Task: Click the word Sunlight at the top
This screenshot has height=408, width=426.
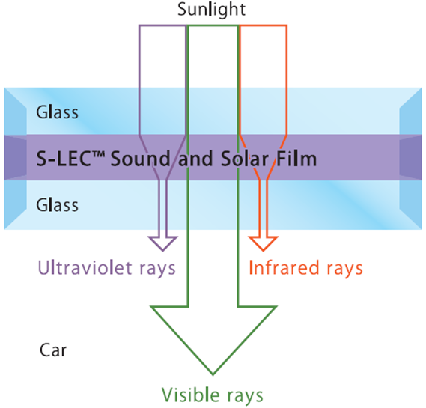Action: (x=211, y=10)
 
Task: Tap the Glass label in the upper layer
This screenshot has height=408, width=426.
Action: (x=58, y=112)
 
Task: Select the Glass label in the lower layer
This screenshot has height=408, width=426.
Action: (x=58, y=205)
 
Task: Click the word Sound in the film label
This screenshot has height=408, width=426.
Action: (x=140, y=159)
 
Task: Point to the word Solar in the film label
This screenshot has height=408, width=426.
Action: (x=245, y=159)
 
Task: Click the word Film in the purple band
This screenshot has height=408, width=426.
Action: (x=296, y=159)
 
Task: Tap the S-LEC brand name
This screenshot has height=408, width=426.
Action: (x=64, y=159)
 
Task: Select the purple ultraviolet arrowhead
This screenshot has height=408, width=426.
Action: (x=162, y=243)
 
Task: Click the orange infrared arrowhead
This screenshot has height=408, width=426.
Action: (x=263, y=243)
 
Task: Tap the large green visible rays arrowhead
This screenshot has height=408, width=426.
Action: (x=213, y=340)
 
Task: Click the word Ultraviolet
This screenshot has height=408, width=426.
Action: (x=85, y=267)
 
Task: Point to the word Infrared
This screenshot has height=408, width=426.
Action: (x=284, y=267)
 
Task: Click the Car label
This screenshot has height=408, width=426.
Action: (x=53, y=350)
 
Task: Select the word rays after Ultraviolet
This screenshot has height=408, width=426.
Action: (x=157, y=270)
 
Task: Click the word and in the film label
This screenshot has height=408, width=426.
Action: (x=195, y=159)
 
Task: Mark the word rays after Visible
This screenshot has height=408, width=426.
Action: (x=245, y=396)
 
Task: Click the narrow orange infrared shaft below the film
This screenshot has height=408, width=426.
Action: (x=263, y=208)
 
